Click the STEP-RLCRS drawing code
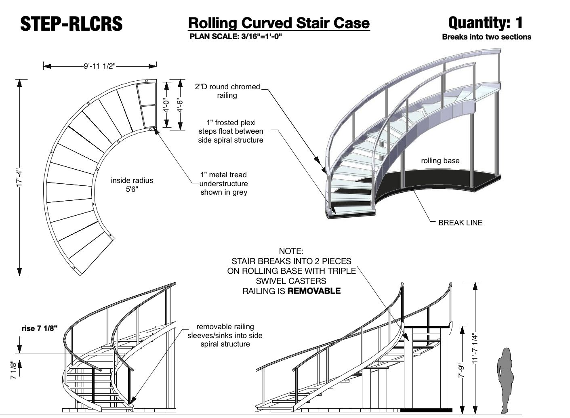coord(72,24)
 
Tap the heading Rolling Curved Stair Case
coord(279,23)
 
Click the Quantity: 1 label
coord(485,23)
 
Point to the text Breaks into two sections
coord(486,37)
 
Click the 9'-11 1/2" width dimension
coord(100,66)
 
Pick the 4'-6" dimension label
coord(180,105)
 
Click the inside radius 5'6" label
coord(132,185)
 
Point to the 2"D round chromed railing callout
coord(227,91)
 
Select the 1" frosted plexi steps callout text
coord(231,131)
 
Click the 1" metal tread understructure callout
coord(224,183)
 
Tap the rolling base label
coord(440,161)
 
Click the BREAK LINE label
coord(460,223)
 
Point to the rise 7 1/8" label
coord(40,328)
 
